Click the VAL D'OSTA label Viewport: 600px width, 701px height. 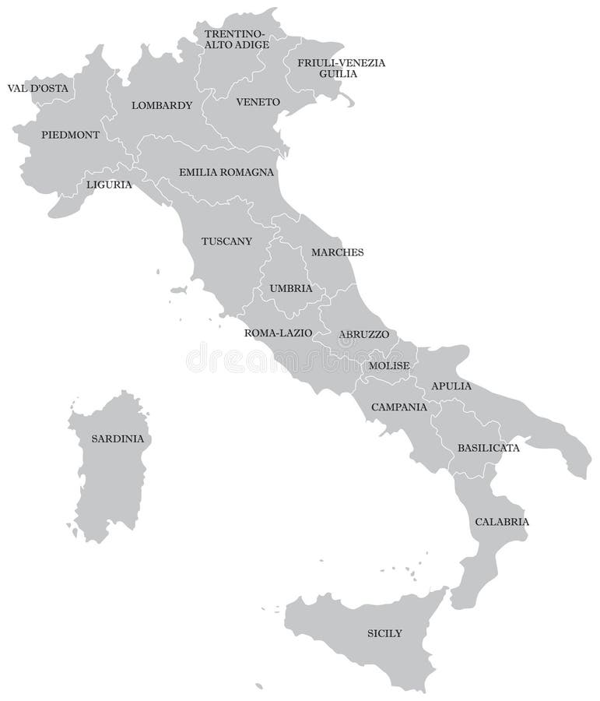(37, 89)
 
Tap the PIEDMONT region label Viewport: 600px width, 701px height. (70, 135)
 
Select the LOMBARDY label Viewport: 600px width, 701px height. (161, 105)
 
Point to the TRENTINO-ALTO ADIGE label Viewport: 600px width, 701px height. (237, 40)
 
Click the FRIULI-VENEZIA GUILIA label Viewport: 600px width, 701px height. (341, 68)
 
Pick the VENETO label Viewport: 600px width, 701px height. (258, 102)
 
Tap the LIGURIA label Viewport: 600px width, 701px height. (109, 185)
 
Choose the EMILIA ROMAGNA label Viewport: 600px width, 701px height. (226, 172)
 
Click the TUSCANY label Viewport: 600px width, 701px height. (226, 241)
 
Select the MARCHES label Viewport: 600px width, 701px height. (337, 252)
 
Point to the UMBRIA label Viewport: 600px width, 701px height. (291, 288)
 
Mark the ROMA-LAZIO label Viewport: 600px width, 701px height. (278, 333)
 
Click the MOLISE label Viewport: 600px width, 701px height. (389, 365)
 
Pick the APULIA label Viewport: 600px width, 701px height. (451, 386)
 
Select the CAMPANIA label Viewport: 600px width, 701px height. (398, 407)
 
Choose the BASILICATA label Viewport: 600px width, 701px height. (488, 448)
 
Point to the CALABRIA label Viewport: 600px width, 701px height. (502, 522)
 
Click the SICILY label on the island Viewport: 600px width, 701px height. (384, 633)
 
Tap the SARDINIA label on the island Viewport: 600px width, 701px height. (118, 439)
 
